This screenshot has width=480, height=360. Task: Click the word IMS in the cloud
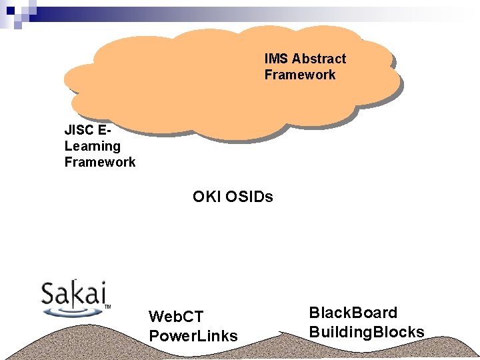[277, 59]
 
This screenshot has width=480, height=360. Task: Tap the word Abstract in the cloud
[319, 59]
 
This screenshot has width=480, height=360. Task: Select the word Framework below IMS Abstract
[300, 75]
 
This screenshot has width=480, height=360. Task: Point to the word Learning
[93, 145]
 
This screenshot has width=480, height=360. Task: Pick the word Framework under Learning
[100, 162]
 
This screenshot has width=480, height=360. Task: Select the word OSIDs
[249, 197]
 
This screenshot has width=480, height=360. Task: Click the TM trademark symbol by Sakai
[107, 307]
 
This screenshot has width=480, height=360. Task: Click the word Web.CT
[176, 316]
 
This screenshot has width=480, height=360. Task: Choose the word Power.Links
[193, 335]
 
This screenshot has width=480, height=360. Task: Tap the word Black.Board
[353, 313]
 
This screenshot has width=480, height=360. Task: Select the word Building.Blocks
[366, 331]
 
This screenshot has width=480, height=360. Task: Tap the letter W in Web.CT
[156, 316]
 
